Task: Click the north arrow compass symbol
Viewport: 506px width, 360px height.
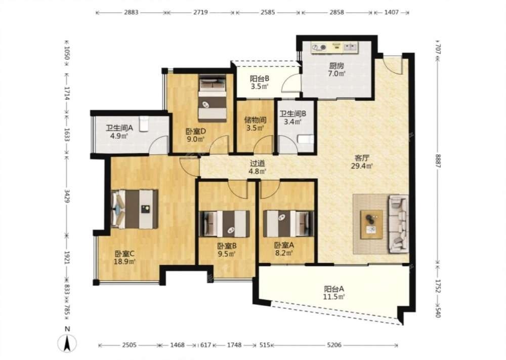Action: click(x=67, y=343)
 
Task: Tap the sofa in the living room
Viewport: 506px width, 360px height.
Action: click(x=399, y=223)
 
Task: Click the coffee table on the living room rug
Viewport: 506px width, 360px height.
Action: click(x=371, y=224)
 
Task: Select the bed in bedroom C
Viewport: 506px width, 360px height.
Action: click(x=135, y=209)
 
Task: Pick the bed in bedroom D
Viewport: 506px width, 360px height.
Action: click(x=212, y=98)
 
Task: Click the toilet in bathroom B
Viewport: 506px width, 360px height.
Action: click(x=305, y=139)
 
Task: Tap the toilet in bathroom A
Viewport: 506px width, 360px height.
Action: click(x=144, y=124)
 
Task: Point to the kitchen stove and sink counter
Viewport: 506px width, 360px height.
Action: click(x=334, y=48)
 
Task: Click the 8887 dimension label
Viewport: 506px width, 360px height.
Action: click(x=438, y=161)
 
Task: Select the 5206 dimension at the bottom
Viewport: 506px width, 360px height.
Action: click(x=334, y=345)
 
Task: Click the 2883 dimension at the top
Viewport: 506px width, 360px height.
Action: click(x=131, y=13)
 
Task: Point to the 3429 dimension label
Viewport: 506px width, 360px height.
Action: click(x=67, y=196)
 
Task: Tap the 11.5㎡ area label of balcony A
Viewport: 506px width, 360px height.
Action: click(x=334, y=296)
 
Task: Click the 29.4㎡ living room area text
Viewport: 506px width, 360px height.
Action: click(x=362, y=166)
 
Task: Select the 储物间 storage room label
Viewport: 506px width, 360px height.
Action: click(x=255, y=120)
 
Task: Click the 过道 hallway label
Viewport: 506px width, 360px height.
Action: click(x=257, y=164)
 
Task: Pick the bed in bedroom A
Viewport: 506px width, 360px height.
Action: click(x=288, y=223)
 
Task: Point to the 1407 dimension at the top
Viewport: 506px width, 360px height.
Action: click(x=392, y=13)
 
